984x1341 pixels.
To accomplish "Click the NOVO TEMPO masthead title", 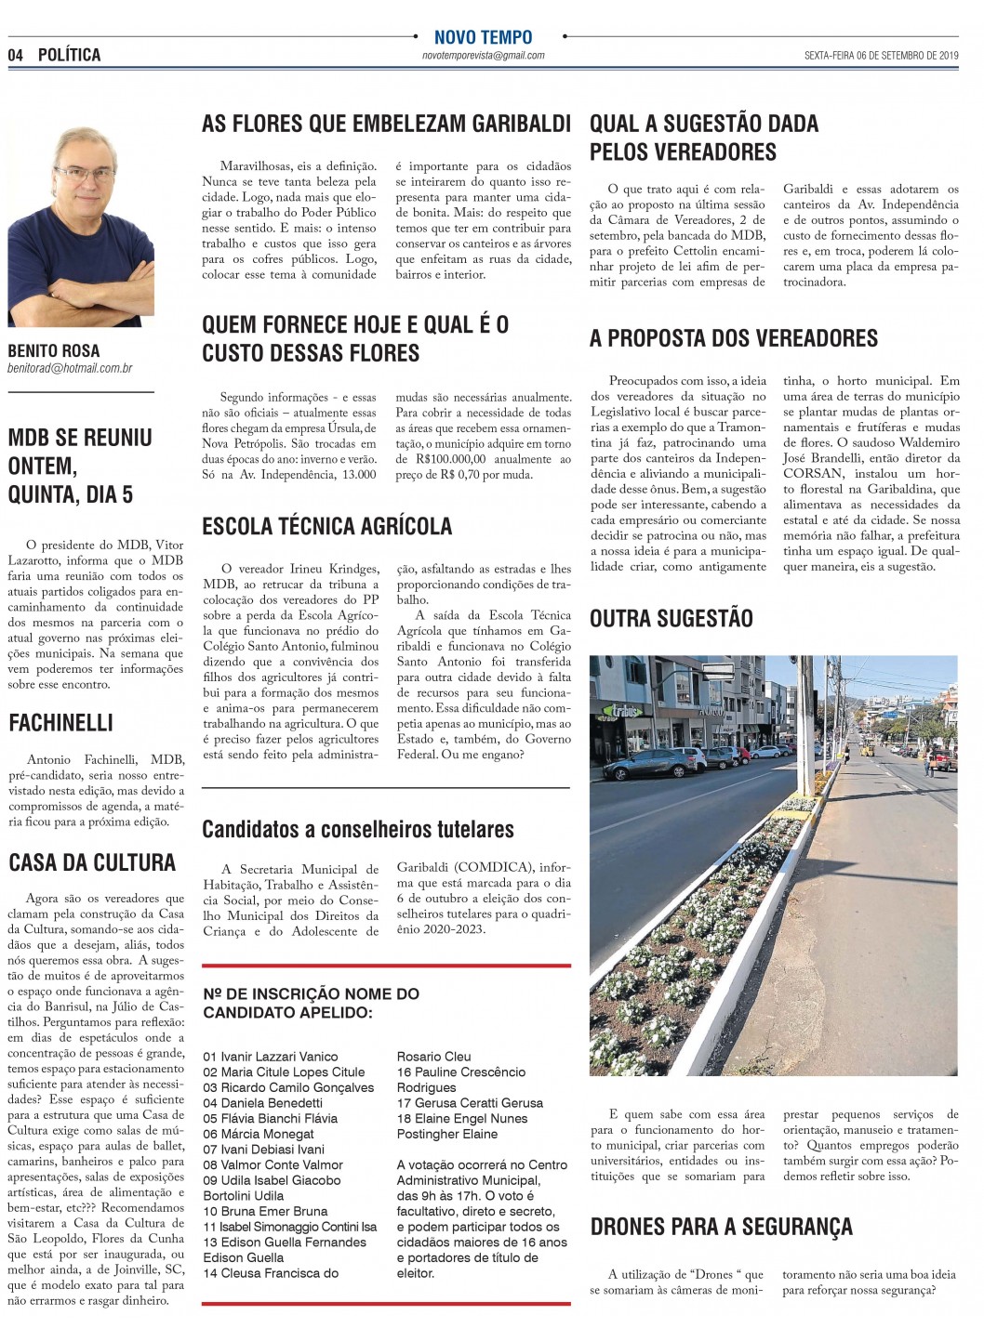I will tap(483, 38).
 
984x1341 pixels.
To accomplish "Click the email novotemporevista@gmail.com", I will tap(483, 56).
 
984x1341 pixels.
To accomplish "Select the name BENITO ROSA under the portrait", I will tap(53, 351).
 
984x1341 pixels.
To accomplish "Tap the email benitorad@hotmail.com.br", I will tap(70, 369).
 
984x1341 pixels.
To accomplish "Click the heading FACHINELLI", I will tap(60, 722).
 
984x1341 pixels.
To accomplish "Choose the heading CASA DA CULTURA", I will tap(92, 862).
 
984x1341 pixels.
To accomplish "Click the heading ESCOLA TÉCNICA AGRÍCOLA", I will tap(326, 526).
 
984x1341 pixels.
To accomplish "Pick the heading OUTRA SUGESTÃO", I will tap(671, 618).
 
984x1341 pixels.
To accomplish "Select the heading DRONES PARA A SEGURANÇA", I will tap(721, 1227).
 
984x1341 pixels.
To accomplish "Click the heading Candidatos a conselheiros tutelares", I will tap(358, 829).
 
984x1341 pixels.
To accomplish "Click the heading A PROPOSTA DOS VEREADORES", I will tap(733, 338).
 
